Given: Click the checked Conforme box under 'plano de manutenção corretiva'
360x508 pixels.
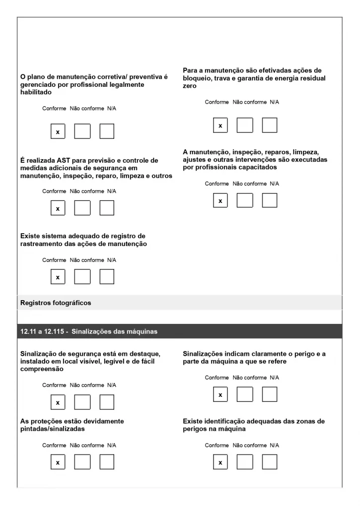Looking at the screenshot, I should coord(58,131).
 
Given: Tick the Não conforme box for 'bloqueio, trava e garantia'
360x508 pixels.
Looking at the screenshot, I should coord(244,126).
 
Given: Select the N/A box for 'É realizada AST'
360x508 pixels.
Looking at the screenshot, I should coord(107,208).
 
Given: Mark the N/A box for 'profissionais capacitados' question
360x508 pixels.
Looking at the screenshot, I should coord(270,200).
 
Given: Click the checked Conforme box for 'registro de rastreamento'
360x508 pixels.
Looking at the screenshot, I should coord(58,277).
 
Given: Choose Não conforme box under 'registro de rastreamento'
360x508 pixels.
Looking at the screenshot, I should coord(82,277).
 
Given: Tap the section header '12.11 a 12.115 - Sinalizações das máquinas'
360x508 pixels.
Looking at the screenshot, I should coord(89,332).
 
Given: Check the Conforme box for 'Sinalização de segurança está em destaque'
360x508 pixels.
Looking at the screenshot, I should coord(58,402).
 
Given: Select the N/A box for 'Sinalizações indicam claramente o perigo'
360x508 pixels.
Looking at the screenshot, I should coord(270,394).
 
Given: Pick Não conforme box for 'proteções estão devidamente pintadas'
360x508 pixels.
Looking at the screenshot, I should coord(82,462).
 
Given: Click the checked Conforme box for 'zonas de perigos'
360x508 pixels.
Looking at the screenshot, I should coord(220,462).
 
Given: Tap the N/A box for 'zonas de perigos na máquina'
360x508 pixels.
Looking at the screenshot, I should coord(270,462).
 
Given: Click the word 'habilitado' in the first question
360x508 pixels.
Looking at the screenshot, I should coord(37,92).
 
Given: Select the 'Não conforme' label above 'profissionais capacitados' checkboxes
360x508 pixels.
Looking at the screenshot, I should coord(249,184).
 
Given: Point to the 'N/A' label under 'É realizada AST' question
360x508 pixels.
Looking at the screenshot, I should coord(112,191).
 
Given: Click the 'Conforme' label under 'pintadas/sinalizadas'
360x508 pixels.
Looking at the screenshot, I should coord(54,445).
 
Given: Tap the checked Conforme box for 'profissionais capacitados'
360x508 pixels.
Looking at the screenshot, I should coord(220,200).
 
